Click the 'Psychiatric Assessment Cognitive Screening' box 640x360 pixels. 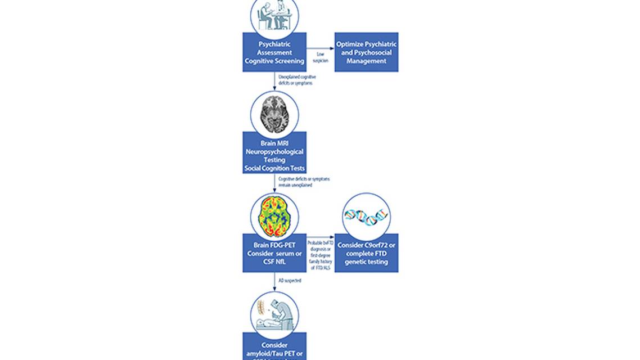pos(274,52)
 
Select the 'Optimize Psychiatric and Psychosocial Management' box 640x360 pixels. pos(366,52)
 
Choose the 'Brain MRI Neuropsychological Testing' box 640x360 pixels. pos(274,152)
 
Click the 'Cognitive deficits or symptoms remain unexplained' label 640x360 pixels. pos(304,182)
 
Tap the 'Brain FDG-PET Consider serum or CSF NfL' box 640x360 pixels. pos(274,253)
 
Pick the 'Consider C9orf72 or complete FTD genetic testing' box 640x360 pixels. pos(366,253)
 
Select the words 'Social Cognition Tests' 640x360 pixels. pos(274,168)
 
